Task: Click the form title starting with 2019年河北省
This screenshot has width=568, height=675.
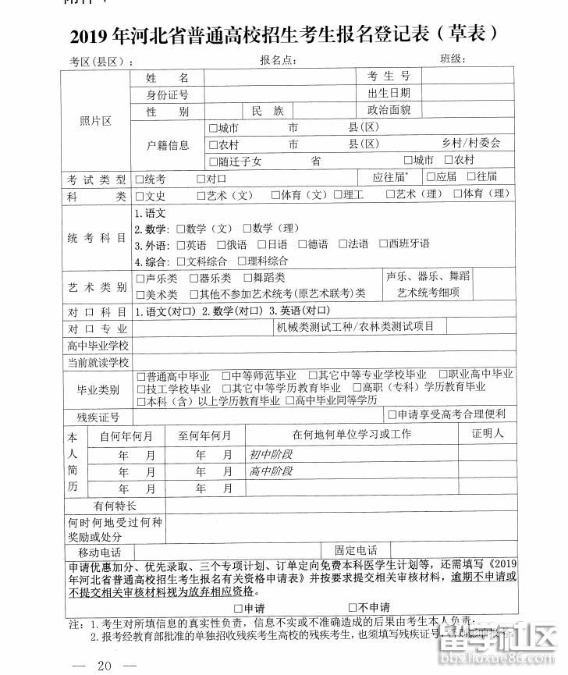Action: (283, 35)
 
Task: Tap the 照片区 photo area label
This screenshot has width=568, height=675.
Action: (95, 121)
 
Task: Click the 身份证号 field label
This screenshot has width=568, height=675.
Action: (168, 94)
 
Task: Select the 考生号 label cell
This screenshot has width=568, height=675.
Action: (389, 76)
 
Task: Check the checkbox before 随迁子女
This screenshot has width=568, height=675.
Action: (213, 162)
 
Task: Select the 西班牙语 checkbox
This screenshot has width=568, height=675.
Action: (383, 244)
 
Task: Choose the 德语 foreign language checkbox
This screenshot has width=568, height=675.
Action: (301, 244)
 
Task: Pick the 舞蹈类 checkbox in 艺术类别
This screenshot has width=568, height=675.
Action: (247, 279)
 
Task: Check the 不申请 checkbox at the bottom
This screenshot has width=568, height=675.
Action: (353, 608)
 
